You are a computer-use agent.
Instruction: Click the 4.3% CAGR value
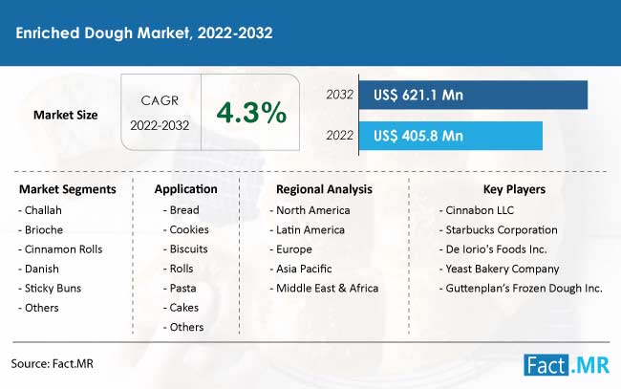(x=251, y=113)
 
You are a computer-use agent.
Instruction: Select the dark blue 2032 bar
(x=473, y=95)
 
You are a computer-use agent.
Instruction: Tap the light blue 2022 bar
(x=451, y=136)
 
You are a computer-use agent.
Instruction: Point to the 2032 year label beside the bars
(x=339, y=95)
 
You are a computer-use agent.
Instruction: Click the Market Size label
(x=65, y=115)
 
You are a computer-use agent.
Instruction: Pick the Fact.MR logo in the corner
(x=567, y=365)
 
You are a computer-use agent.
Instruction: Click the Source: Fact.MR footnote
(x=52, y=363)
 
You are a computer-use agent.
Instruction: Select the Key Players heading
(x=514, y=189)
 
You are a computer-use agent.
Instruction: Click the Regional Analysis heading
(x=324, y=189)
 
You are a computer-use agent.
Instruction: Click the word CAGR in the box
(x=160, y=100)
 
